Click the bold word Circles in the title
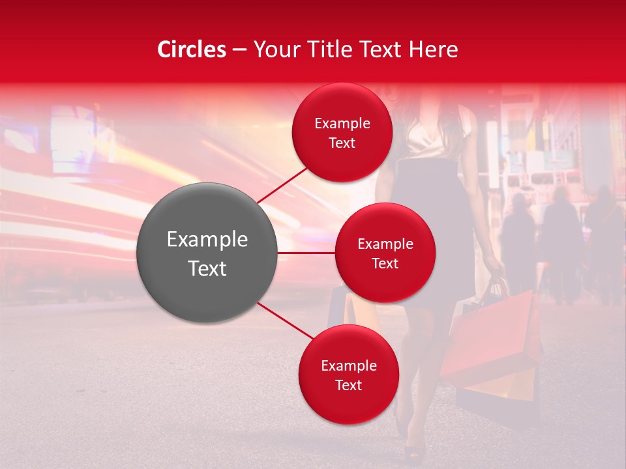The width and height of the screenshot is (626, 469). coord(192,50)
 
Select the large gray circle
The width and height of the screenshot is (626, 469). coord(207,253)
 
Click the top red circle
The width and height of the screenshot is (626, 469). coord(342,132)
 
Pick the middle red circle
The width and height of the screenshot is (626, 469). coord(385,253)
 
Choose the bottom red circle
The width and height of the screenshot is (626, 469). coord(348,375)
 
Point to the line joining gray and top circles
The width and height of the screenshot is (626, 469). coord(282,185)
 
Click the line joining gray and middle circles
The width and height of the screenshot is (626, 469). coord(306,253)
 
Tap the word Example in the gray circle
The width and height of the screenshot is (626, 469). coord(207,240)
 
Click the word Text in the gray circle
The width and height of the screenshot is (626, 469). coord(207,268)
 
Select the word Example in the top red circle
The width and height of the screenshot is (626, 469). coord(342,123)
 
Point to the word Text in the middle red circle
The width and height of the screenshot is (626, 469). coord(385,263)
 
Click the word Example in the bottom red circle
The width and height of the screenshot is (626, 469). coord(348,365)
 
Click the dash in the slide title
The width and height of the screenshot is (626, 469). coord(239,50)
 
